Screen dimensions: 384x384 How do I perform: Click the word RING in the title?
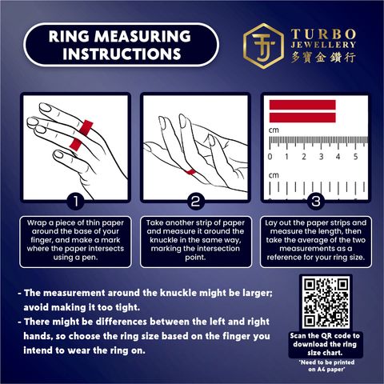(x=69, y=36)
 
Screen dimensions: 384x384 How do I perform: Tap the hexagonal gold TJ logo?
(x=264, y=46)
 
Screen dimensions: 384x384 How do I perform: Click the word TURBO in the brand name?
(x=323, y=34)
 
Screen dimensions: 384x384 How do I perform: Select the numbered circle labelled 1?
(x=76, y=202)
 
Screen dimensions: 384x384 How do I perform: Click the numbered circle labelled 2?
(x=195, y=202)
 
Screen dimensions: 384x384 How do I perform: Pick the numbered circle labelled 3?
(x=316, y=202)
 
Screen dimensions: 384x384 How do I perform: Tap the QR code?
(x=326, y=302)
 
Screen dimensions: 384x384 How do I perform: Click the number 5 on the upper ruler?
(x=355, y=157)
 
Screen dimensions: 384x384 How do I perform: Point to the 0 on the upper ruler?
(x=270, y=157)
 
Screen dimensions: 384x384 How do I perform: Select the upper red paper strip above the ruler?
(x=302, y=105)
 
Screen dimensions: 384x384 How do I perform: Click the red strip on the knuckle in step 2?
(x=190, y=171)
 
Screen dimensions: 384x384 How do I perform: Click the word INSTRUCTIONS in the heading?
(x=122, y=54)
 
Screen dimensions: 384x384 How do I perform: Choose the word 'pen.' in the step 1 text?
(x=90, y=258)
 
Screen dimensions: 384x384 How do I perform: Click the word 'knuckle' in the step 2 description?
(x=163, y=240)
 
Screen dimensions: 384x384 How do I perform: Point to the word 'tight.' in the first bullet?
(x=127, y=307)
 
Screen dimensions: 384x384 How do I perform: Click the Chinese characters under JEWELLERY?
(x=323, y=58)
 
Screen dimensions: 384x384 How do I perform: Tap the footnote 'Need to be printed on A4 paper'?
(x=326, y=366)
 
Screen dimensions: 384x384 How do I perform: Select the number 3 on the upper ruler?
(x=321, y=157)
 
